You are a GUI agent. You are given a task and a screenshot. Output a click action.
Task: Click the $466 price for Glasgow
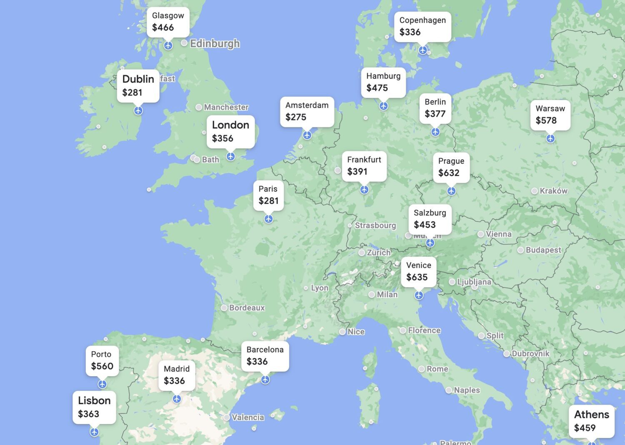click(163, 27)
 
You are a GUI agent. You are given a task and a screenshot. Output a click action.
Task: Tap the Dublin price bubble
click(138, 85)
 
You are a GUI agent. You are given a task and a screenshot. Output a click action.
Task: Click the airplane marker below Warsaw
click(550, 138)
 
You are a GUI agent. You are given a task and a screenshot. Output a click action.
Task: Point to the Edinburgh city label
click(215, 43)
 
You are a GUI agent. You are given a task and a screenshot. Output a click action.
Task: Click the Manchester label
click(226, 107)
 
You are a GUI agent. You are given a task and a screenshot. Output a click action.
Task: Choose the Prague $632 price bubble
click(451, 167)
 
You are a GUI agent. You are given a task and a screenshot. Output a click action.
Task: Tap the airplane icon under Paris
click(269, 219)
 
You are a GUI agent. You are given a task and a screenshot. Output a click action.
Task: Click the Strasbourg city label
click(375, 225)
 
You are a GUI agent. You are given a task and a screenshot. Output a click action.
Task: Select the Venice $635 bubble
click(418, 271)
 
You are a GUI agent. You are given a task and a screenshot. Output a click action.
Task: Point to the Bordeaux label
click(247, 308)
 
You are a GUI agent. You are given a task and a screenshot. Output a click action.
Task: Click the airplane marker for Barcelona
click(265, 380)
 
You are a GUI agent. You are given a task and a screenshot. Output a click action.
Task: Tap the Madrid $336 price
click(174, 381)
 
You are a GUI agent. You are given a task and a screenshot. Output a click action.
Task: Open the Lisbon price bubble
click(94, 407)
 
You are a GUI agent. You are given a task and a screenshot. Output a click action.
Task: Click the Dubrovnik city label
click(530, 353)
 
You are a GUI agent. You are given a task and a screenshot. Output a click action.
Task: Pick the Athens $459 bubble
click(591, 421)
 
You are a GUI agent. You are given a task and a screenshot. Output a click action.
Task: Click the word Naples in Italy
click(467, 390)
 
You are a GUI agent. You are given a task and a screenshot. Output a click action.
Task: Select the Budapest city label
click(543, 250)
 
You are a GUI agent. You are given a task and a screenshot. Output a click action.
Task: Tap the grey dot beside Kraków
click(535, 191)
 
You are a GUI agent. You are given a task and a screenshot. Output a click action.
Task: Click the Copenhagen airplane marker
click(423, 50)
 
